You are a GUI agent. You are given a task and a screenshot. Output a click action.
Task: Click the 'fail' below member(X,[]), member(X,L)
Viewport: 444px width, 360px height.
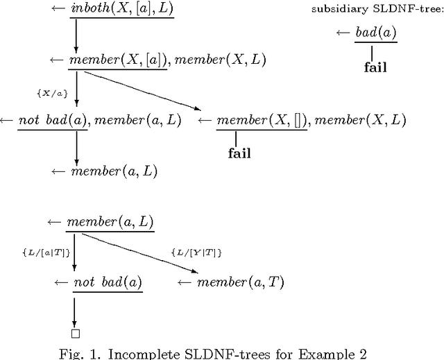point(239,153)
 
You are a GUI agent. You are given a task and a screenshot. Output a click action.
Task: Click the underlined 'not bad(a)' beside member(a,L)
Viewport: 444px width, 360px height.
point(53,121)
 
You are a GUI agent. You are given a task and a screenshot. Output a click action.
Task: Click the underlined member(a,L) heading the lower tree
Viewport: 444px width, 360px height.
point(110,223)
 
